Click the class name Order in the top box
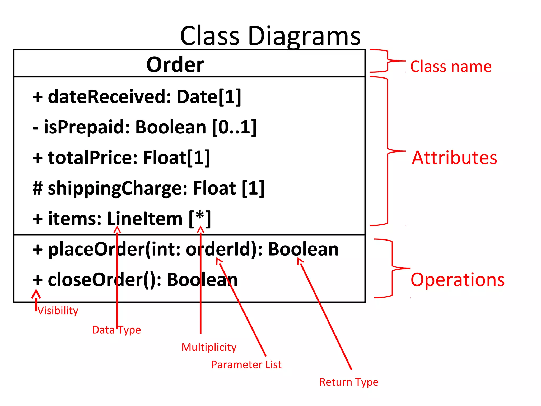coord(175,64)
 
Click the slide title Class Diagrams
coord(270,36)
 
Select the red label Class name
coord(451,66)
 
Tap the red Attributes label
coord(454,158)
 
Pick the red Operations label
coord(458,280)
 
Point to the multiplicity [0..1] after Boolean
coord(234,127)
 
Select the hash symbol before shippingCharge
coord(38,188)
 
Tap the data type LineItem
coord(144,219)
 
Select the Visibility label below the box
coord(58,311)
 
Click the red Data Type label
coord(116,330)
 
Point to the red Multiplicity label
coord(209,347)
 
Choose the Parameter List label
coord(246,365)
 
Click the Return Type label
coord(349,382)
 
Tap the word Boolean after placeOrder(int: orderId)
coord(303,249)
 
